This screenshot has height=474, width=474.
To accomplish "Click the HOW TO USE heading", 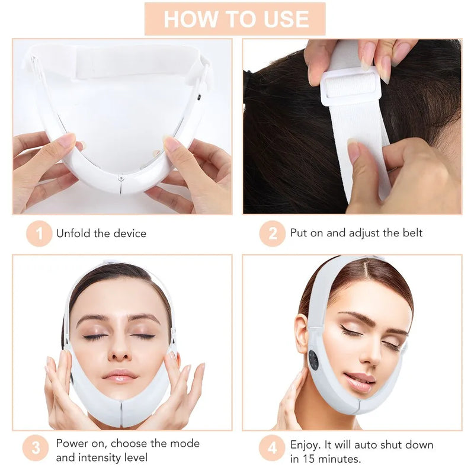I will click(235, 18).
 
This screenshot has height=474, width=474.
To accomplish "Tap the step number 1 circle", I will click(39, 233).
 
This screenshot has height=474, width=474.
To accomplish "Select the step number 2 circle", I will click(273, 233).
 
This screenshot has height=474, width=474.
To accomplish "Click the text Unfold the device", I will click(101, 233).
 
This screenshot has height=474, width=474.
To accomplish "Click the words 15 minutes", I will click(337, 458).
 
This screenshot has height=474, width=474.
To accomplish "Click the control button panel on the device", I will click(313, 360).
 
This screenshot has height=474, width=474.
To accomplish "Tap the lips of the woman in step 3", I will click(120, 376).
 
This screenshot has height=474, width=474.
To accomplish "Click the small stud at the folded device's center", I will click(121, 177).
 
